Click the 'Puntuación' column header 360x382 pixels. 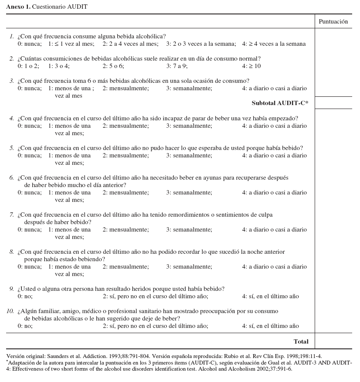[x=333, y=21]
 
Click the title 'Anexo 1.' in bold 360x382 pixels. [x=18, y=7]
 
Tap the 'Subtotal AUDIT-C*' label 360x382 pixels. [x=280, y=103]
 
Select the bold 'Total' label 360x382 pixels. [x=301, y=341]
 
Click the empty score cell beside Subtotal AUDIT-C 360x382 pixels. [x=333, y=103]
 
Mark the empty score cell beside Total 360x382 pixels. [x=333, y=341]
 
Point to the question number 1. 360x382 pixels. [x=12, y=36]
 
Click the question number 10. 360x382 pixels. [x=10, y=311]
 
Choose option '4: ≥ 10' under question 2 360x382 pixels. [x=251, y=66]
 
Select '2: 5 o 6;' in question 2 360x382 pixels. [x=113, y=66]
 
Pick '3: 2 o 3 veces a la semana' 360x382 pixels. [x=200, y=44]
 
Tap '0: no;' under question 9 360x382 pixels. [x=25, y=297]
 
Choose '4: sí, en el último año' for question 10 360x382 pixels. [x=270, y=326]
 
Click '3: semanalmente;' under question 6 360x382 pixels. [x=189, y=193]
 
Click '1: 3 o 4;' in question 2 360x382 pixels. [x=59, y=66]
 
